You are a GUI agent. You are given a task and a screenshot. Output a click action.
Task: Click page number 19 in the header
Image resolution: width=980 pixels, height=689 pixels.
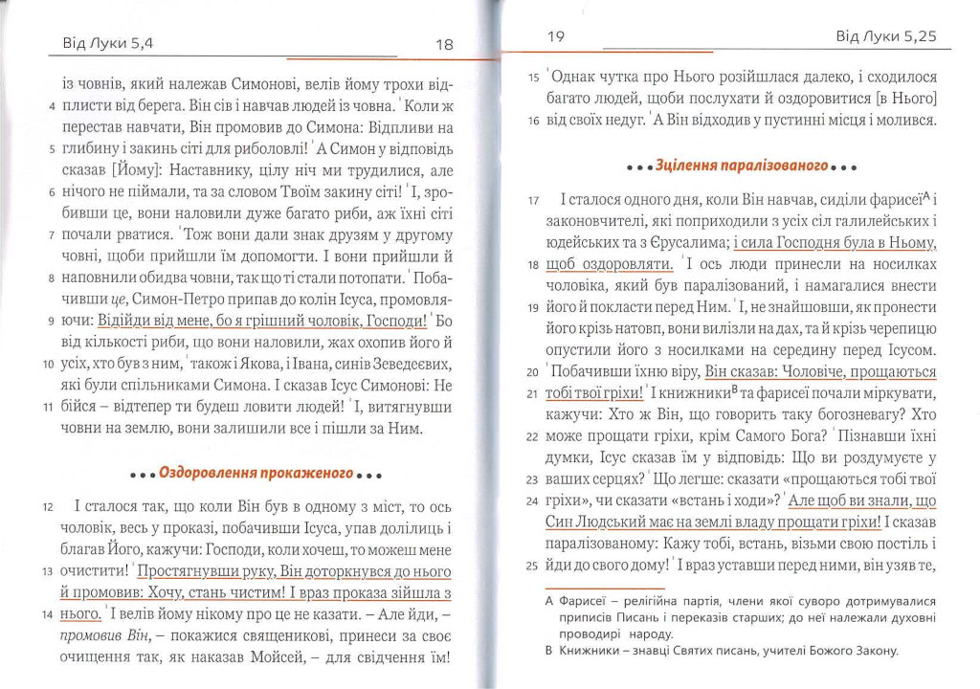point(555,37)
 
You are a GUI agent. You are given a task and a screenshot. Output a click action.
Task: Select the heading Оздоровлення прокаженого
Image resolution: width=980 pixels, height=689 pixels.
point(256,473)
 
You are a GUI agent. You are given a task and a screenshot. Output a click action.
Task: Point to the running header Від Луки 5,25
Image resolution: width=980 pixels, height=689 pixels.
point(884,37)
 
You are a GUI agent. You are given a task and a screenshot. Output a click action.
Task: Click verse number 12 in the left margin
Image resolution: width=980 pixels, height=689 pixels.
point(47,506)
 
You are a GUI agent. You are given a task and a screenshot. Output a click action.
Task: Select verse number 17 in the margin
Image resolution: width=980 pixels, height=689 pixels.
point(534,201)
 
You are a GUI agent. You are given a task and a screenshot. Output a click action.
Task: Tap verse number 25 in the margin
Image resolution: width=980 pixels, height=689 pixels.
point(534,565)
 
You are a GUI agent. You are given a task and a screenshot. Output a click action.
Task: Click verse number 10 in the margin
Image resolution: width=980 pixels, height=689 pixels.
point(47,365)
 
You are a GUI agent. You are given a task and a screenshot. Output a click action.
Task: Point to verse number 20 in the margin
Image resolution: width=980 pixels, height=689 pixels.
point(534,372)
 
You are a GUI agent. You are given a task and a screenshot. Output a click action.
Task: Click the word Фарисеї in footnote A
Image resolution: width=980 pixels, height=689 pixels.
point(586,601)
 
